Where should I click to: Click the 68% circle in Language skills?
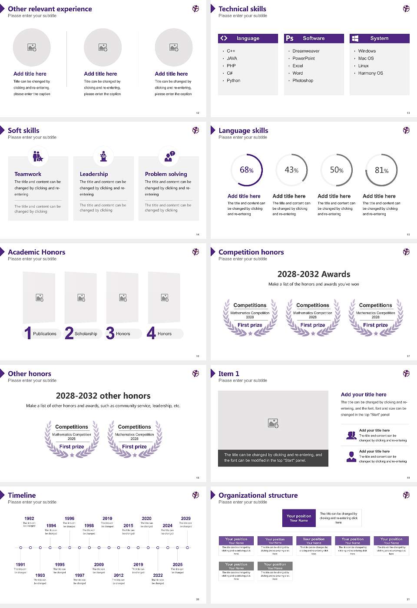point(247,170)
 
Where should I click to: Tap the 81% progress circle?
point(381,170)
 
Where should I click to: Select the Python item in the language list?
point(233,80)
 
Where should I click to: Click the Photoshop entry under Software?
point(303,80)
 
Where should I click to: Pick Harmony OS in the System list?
point(371,73)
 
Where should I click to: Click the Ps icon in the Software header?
point(290,38)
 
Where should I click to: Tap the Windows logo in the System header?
point(355,38)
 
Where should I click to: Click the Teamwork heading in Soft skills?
point(28,174)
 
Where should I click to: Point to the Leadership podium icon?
point(103,156)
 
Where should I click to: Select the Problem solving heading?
point(166,174)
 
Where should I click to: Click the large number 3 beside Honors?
point(110,333)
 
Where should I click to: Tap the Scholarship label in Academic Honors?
point(86,334)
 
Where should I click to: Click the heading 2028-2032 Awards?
point(314,274)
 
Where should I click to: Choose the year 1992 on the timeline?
point(29,519)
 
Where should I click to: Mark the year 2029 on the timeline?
point(185,519)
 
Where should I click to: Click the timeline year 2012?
point(119,575)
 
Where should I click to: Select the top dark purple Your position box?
point(299,518)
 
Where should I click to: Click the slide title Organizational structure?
point(258,495)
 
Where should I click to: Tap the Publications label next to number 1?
point(45,334)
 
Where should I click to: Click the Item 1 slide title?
point(228,373)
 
